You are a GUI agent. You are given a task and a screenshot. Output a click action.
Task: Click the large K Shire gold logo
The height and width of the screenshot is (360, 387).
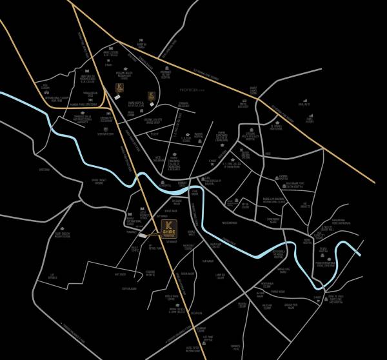coord(168,229)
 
